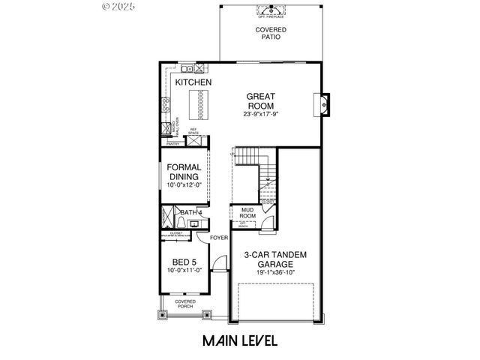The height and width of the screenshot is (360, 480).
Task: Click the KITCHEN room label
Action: click(193, 82)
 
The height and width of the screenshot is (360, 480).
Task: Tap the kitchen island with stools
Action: click(200, 104)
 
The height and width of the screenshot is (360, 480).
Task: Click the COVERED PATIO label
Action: click(271, 34)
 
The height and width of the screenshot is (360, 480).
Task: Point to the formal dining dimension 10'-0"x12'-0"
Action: click(183, 184)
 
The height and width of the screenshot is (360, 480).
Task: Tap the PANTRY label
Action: click(172, 139)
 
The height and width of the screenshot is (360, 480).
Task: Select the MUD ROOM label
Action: click(247, 212)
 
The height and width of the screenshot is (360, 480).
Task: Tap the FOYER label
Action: click(218, 238)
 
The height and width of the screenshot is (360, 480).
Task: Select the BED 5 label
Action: click(184, 262)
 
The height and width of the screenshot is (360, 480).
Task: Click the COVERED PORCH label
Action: click(185, 303)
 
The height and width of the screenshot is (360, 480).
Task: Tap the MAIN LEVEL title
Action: click(239, 340)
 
